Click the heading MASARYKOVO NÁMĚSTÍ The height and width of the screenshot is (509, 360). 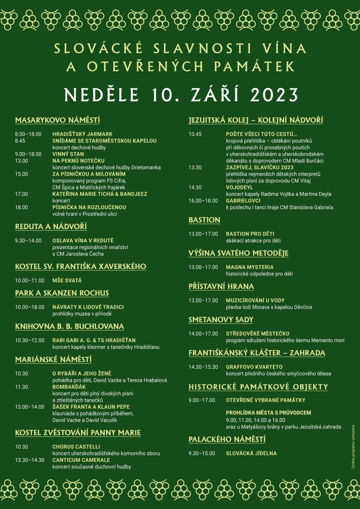pyautogui.click(x=58, y=120)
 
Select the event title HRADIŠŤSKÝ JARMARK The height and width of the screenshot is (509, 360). pyautogui.click(x=83, y=134)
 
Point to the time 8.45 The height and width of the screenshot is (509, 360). pyautogui.click(x=20, y=141)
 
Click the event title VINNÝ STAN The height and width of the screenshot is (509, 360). pyautogui.click(x=68, y=154)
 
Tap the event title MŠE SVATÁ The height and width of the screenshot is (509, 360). pyautogui.click(x=67, y=280)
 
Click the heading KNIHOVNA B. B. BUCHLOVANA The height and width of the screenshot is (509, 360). pyautogui.click(x=70, y=327)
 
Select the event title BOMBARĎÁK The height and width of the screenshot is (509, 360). pyautogui.click(x=69, y=387)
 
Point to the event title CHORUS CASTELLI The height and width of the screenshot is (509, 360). pyautogui.click(x=76, y=447)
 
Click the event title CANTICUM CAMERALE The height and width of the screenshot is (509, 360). pyautogui.click(x=81, y=460)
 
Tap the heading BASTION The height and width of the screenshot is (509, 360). pyautogui.click(x=204, y=220)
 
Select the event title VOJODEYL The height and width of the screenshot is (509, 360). pyautogui.click(x=240, y=187)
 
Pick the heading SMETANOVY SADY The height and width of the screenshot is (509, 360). pyautogui.click(x=221, y=320)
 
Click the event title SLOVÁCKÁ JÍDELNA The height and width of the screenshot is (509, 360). pyautogui.click(x=251, y=453)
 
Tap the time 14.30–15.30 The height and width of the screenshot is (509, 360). pyautogui.click(x=203, y=367)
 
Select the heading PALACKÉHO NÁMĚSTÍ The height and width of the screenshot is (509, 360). pyautogui.click(x=227, y=439)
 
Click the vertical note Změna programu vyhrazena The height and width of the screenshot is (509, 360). pyautogui.click(x=353, y=446)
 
